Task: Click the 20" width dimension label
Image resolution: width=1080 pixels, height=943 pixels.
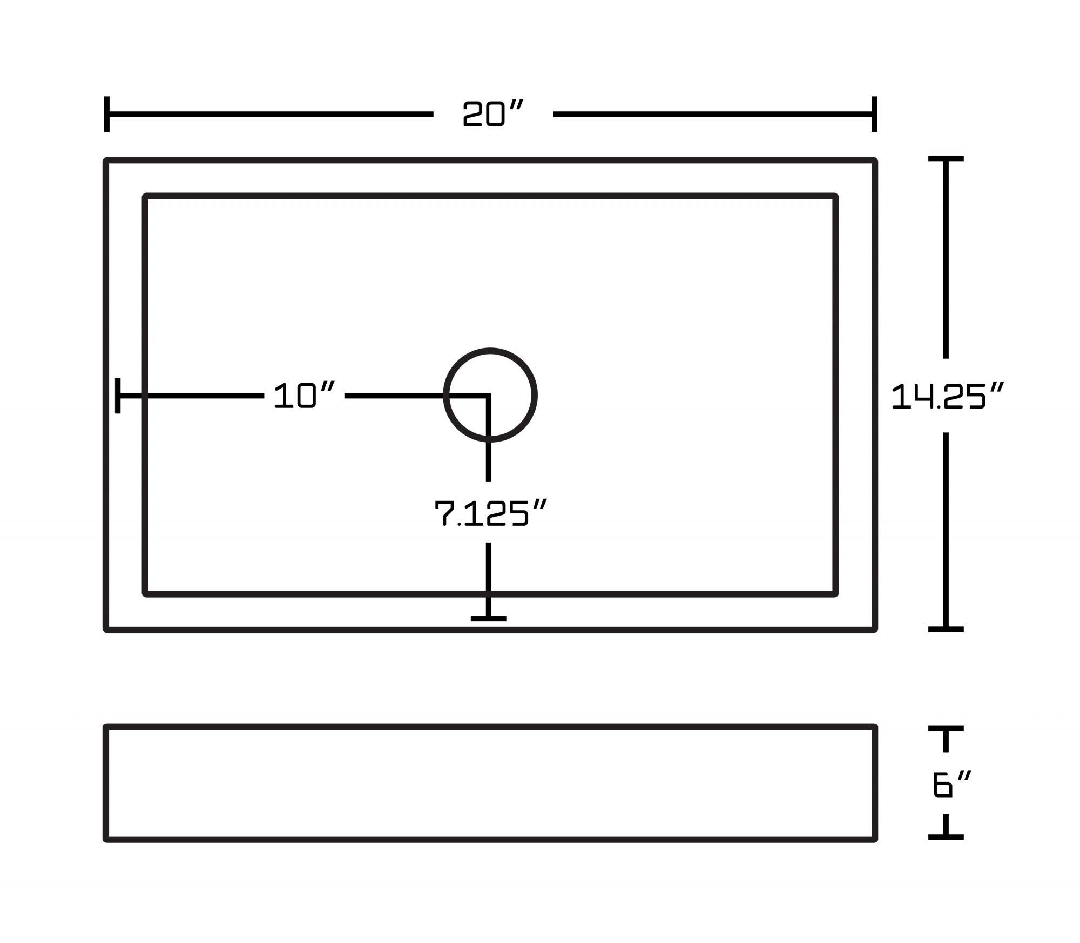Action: coord(493,114)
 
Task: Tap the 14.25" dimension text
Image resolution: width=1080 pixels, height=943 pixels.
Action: coord(947,396)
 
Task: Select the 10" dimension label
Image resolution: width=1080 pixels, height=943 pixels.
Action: coord(304,396)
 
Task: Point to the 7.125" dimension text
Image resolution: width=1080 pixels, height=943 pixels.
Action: coord(490,513)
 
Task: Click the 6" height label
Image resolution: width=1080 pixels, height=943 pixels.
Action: coord(951,785)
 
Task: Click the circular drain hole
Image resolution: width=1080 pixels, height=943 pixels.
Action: coord(490,395)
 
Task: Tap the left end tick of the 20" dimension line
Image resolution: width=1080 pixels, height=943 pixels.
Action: coord(107,114)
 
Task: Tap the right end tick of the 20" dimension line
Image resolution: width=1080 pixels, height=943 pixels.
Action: coord(874,114)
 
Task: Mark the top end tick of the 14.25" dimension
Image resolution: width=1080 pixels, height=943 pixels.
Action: coord(946,159)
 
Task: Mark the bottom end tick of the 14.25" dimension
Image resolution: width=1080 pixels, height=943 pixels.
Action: coord(946,629)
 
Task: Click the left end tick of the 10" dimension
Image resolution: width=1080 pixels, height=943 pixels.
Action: coord(118,396)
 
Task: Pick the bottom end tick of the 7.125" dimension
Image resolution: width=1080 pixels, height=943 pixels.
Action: coord(488,618)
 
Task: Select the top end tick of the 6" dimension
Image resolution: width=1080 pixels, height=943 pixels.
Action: coord(946,728)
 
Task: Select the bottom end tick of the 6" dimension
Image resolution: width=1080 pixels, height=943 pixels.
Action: coord(946,837)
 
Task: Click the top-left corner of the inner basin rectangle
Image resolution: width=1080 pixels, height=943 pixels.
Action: coord(146,196)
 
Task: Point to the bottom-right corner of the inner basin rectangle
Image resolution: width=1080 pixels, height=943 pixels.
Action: coord(835,593)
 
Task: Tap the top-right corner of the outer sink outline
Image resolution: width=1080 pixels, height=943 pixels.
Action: coord(874,160)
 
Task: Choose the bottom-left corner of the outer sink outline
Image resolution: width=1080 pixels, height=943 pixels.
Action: coord(107,629)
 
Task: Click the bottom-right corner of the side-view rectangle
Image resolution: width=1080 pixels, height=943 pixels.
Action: coord(874,839)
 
